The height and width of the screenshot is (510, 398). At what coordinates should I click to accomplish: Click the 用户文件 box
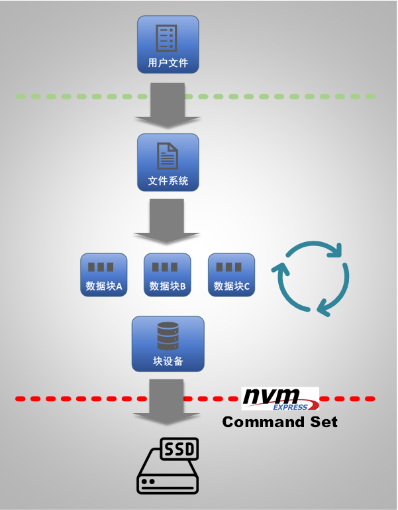[168, 44]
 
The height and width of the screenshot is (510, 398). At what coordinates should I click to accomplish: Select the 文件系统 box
[168, 162]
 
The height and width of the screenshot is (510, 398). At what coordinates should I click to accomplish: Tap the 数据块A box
[104, 275]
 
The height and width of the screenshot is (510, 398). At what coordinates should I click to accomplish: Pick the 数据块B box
[167, 275]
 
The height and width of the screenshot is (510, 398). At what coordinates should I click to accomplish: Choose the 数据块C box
[231, 275]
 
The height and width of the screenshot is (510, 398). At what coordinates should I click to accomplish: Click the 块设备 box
[168, 344]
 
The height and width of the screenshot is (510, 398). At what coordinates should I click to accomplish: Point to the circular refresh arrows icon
[311, 278]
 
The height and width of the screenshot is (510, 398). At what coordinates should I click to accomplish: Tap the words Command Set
[279, 422]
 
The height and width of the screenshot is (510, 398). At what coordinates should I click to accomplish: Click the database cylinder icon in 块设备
[168, 336]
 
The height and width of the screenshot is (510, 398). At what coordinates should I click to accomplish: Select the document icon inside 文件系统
[168, 155]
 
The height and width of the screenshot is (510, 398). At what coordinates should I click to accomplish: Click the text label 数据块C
[232, 287]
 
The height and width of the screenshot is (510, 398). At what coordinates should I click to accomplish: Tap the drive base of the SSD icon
[168, 481]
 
